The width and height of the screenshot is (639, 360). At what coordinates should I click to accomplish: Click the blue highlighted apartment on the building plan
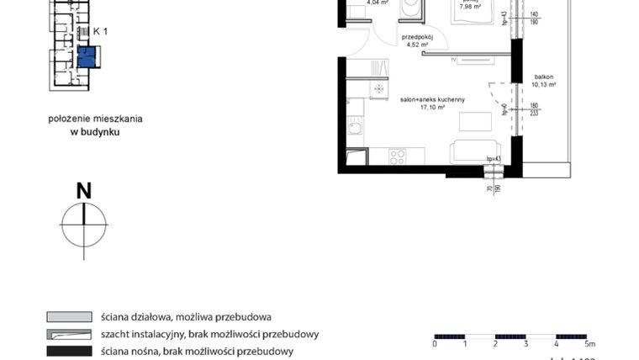(87, 56)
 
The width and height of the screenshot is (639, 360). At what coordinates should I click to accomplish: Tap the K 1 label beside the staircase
(101, 31)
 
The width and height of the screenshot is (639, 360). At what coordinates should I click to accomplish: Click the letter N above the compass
(84, 191)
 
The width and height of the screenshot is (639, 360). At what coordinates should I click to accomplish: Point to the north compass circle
(84, 225)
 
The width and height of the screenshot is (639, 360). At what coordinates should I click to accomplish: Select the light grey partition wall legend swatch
(69, 317)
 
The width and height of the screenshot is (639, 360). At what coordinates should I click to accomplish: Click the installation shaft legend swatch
(69, 334)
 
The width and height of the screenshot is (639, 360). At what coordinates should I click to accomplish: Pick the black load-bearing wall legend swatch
(69, 351)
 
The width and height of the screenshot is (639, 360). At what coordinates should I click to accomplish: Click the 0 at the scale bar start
(435, 345)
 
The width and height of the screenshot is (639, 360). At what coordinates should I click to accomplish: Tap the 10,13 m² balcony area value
(545, 84)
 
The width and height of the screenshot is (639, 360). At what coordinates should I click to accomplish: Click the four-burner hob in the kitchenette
(396, 156)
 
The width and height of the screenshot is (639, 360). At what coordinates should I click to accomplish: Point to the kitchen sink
(356, 128)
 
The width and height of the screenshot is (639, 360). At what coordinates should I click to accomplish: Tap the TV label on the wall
(454, 61)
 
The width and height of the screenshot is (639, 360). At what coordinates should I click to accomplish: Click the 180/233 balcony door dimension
(535, 110)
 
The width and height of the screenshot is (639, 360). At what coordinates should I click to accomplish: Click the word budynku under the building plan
(94, 131)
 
